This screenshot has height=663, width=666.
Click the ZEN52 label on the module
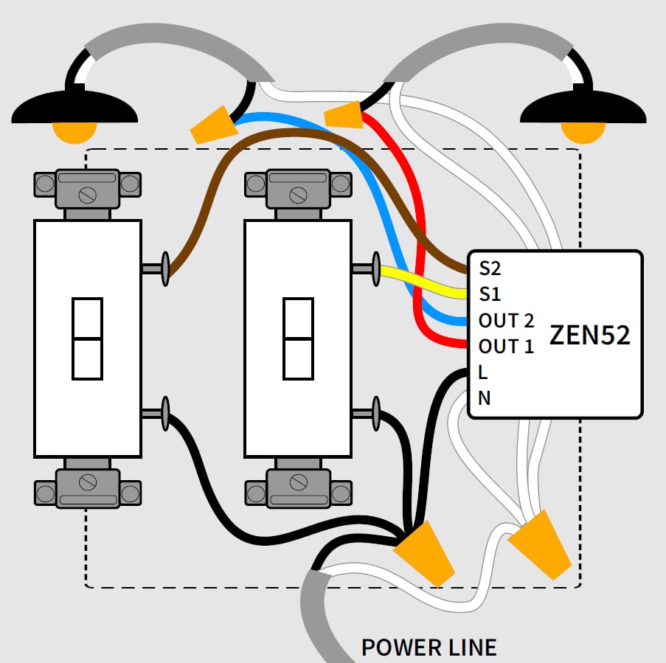(590, 335)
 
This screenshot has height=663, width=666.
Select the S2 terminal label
(490, 267)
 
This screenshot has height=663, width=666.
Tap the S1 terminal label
(490, 294)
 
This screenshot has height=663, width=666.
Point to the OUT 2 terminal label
(506, 321)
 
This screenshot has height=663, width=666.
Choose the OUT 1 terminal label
(506, 346)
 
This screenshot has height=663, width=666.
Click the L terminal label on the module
(483, 372)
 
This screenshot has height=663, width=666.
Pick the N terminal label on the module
(485, 398)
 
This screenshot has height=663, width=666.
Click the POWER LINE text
(429, 648)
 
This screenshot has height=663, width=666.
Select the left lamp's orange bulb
(74, 131)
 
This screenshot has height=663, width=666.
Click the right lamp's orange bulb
(583, 131)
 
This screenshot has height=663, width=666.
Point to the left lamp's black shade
(74, 108)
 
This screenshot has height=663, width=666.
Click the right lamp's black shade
(583, 108)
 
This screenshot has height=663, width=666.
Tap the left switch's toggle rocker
(87, 339)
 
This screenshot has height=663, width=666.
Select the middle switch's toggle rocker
(298, 339)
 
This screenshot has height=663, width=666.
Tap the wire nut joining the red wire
(344, 115)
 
